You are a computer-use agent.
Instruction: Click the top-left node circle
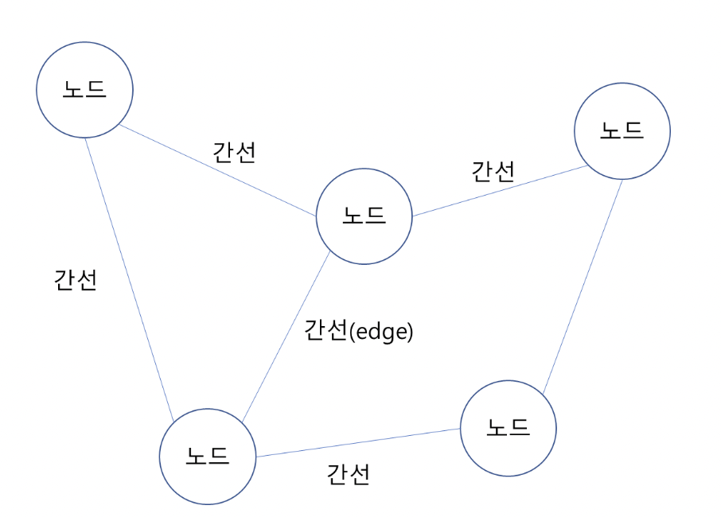point(84,89)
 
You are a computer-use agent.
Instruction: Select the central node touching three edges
point(364,216)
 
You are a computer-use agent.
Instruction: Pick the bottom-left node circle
point(208,457)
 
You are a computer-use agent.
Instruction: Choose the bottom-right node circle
point(509,428)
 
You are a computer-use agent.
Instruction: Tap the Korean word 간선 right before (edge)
point(326,331)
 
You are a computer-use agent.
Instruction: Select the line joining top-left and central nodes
point(216,169)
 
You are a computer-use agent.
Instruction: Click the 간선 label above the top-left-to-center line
point(234,152)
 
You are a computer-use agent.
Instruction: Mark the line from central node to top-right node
point(500,192)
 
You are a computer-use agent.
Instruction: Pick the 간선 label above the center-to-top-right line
point(493,171)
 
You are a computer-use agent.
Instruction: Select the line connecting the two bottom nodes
point(358,443)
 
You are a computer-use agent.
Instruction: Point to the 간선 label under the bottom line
point(348,475)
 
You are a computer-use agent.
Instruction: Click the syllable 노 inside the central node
point(353,215)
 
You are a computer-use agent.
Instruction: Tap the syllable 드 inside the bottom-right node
point(520,428)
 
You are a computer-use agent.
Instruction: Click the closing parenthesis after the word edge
point(411,332)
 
